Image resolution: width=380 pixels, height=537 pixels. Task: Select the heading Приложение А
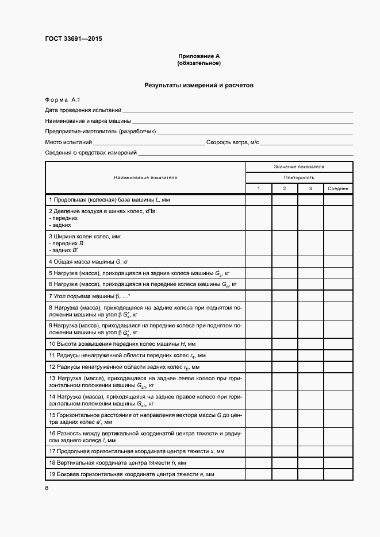pos(199,56)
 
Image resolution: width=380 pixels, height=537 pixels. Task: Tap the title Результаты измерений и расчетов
pos(199,86)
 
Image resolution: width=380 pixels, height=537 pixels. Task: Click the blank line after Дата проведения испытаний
pos(237,110)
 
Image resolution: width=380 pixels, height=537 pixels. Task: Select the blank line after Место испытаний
pos(148,142)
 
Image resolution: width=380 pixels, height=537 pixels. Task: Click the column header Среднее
pos(338,188)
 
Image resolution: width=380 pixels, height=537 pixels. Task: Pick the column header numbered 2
pos(285,188)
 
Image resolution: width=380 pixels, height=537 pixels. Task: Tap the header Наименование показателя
pos(145,177)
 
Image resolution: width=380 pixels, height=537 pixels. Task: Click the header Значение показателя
pos(299,167)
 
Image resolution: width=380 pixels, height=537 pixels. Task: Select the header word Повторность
pos(299,177)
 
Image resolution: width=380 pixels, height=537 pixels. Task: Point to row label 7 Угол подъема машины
pos(90,295)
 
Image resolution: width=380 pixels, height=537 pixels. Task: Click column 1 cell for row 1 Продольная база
pos(259,200)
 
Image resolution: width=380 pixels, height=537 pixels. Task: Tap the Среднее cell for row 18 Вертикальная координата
pos(338,463)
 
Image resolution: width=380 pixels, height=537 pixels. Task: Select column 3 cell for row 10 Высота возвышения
pos(310,344)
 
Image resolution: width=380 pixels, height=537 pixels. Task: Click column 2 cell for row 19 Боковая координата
pos(285,474)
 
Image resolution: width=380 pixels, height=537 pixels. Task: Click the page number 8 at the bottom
pos(47,489)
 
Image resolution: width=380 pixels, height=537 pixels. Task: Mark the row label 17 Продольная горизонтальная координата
pos(137,452)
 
